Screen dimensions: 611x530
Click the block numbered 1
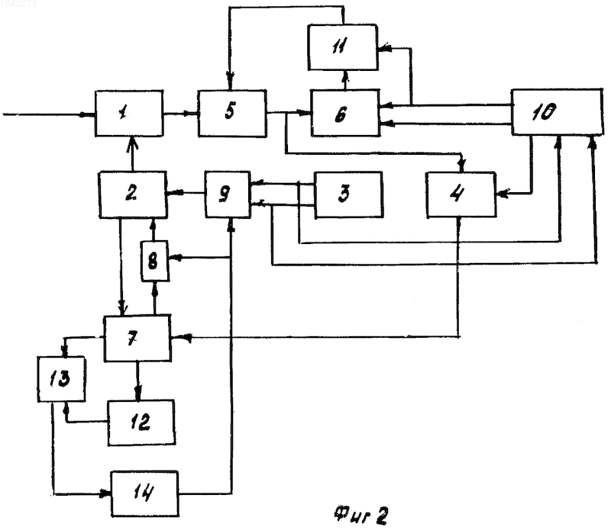click(129, 114)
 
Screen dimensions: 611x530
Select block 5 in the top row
click(232, 113)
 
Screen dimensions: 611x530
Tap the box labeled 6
click(345, 113)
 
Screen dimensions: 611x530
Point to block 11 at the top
click(342, 47)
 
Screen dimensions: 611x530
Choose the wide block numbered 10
click(558, 112)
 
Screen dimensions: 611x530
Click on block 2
click(133, 194)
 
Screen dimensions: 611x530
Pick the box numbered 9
click(228, 194)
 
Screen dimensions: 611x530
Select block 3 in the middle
click(348, 194)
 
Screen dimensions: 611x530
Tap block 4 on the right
click(461, 194)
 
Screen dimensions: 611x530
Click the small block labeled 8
click(155, 261)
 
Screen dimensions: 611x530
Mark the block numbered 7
click(137, 339)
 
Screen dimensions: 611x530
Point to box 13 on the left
click(62, 379)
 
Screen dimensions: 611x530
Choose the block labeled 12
click(141, 422)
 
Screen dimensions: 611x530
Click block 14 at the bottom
click(145, 494)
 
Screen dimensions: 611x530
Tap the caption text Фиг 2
click(360, 516)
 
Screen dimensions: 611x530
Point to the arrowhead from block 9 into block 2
click(173, 193)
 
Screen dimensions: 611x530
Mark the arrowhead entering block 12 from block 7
click(138, 393)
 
